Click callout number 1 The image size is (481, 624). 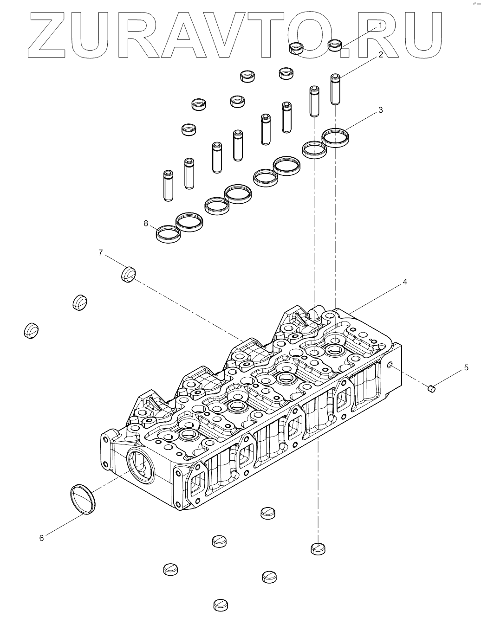click(380, 25)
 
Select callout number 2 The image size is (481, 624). click(381, 55)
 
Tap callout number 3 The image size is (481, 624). click(381, 110)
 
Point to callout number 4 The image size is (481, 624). click(405, 282)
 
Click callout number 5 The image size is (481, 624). click(466, 368)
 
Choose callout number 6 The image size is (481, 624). click(41, 538)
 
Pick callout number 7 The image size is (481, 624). click(100, 252)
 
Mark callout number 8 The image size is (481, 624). click(146, 224)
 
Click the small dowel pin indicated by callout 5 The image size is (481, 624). click(432, 388)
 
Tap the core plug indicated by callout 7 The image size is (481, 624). click(128, 274)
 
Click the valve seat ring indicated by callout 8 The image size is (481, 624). click(168, 233)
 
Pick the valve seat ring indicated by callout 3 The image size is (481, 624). click(335, 137)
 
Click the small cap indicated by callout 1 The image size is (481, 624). click(335, 45)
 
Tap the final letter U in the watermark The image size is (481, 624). click(423, 35)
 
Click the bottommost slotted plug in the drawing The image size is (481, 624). click(221, 605)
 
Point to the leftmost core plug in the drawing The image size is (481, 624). click(31, 329)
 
